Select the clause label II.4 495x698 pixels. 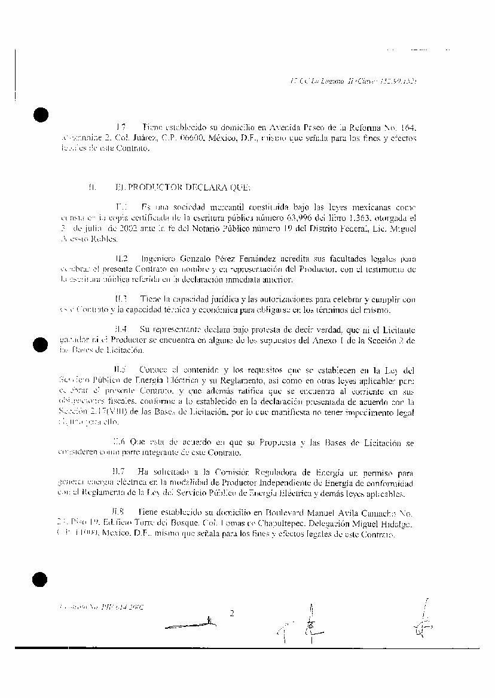tap(121, 330)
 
